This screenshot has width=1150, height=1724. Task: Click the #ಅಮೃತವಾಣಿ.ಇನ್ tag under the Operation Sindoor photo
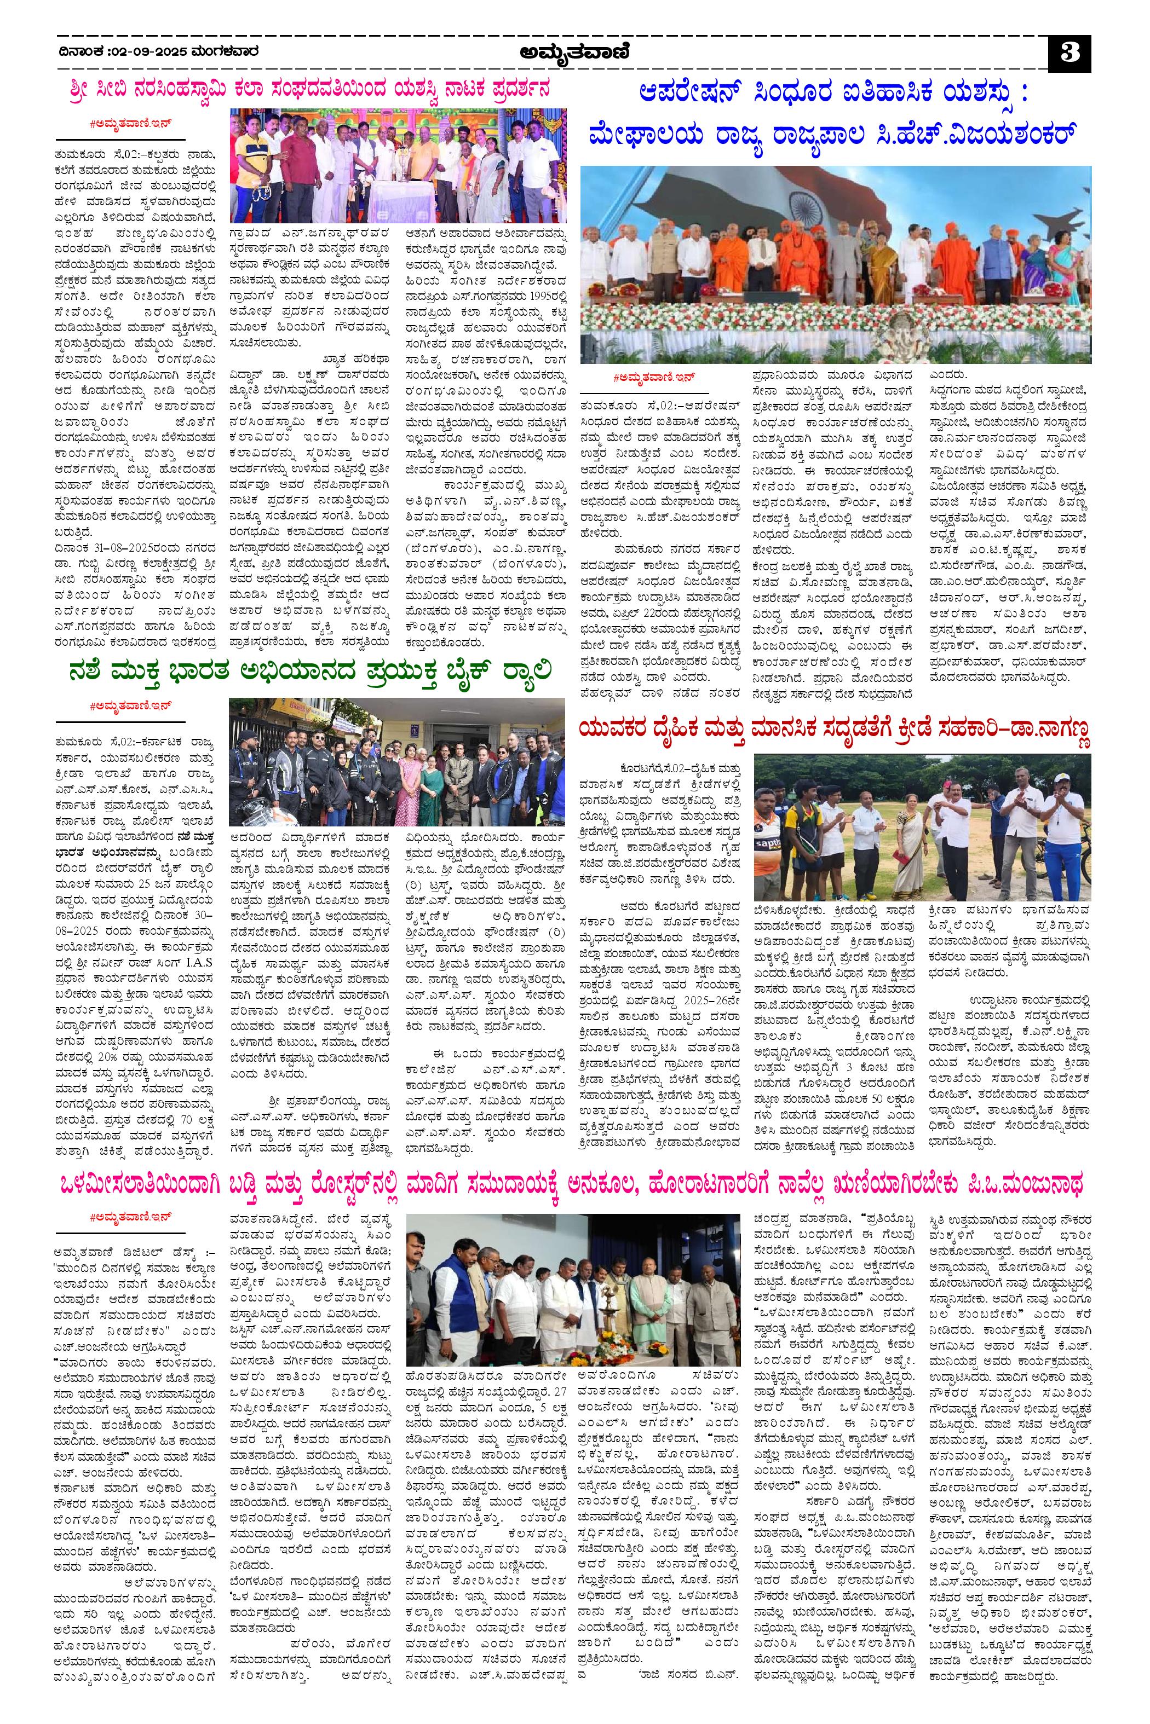[653, 377]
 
